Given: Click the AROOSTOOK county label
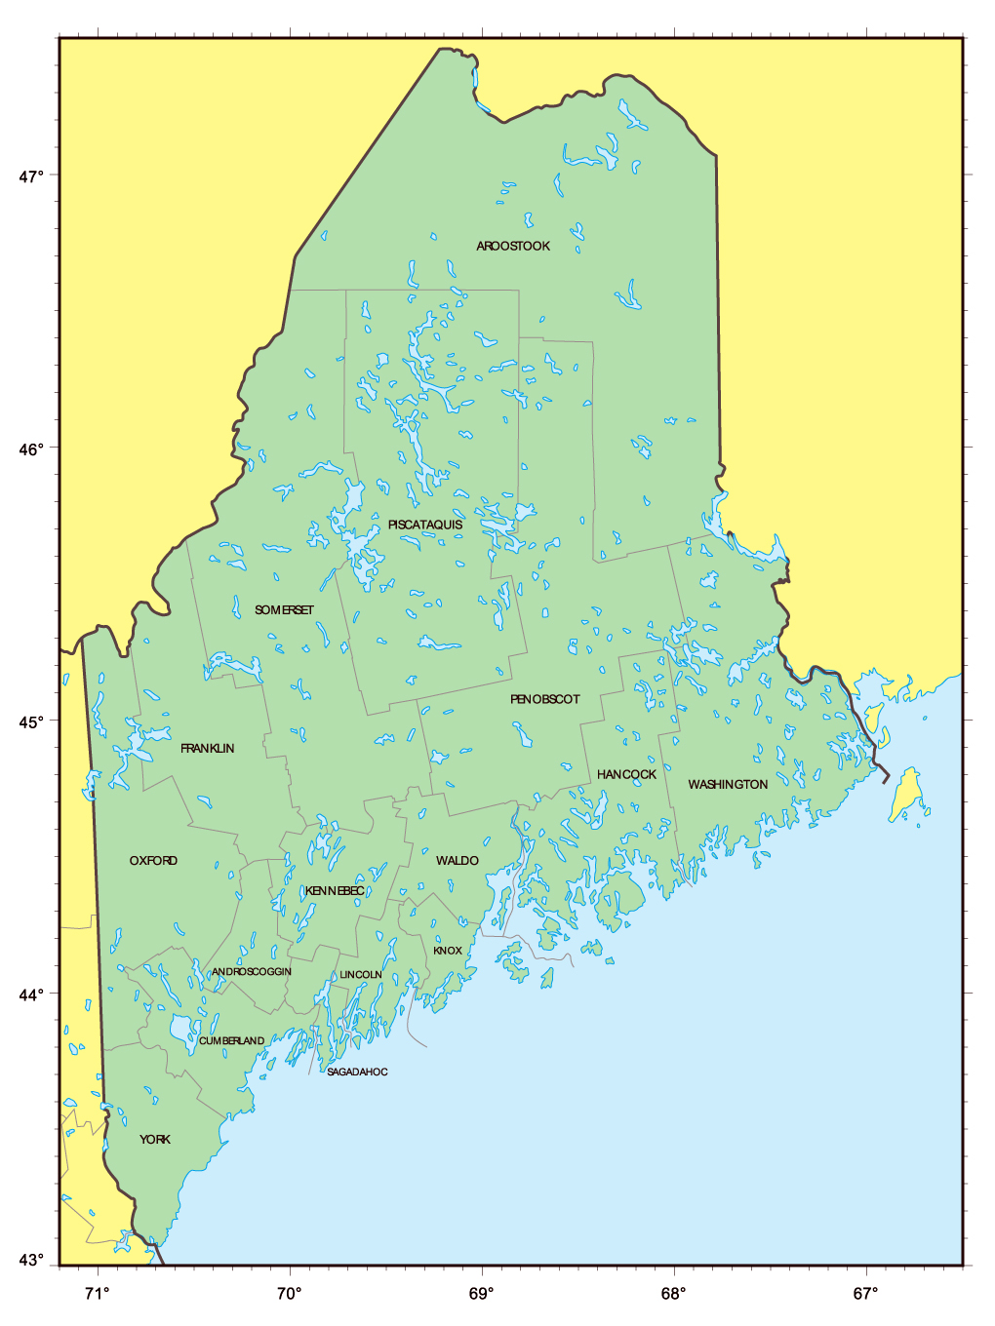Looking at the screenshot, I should [513, 247].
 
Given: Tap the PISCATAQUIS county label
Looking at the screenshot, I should [425, 526].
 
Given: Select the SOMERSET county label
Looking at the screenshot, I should [284, 610].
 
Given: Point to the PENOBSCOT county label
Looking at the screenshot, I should [544, 700].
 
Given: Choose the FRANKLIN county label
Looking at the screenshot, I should [207, 749].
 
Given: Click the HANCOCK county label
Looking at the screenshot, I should [626, 775].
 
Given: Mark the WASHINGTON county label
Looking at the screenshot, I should [728, 785].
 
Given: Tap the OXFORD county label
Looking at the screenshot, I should [153, 861].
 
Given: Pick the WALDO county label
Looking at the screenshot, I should [457, 861].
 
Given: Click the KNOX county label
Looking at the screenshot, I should [448, 951].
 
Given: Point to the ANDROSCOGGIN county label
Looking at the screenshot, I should [252, 972].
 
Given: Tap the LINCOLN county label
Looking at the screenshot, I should [360, 975].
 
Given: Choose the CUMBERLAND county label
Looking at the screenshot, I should [231, 1041].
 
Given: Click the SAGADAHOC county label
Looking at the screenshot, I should [357, 1072].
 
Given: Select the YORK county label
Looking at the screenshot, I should [154, 1140].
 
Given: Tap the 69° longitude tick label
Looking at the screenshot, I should [481, 1295].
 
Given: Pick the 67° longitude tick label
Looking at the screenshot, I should [865, 1295].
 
